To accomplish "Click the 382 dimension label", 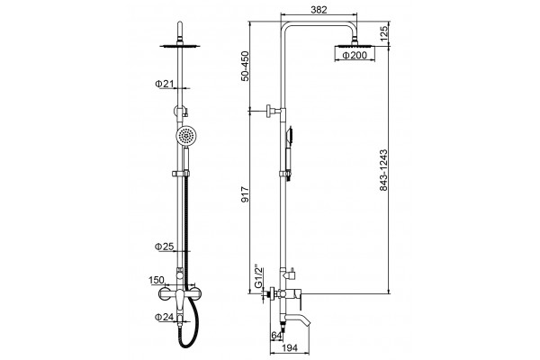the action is tap(319, 10).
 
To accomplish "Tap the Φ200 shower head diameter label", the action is tap(355, 55).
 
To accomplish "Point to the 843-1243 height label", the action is tap(383, 170).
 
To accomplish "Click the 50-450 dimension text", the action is tap(245, 66).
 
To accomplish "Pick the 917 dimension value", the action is tap(245, 194).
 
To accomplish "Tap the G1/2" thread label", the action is tap(258, 276).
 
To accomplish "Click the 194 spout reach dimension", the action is tap(289, 348).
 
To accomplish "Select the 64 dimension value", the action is tap(276, 335).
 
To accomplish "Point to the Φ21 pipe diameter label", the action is tap(164, 84).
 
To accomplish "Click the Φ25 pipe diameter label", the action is tap(164, 247).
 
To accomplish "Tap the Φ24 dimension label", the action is tap(164, 317).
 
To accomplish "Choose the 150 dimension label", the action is tap(156, 281).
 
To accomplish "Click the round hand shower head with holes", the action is tap(186, 135).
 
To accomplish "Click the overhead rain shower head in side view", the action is tap(355, 46).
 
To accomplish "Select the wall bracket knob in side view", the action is tap(271, 111).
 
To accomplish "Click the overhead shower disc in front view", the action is tap(180, 46).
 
